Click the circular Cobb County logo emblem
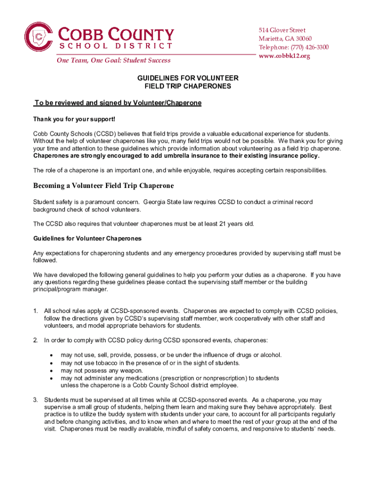click(40, 37)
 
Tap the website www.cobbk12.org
click(284, 56)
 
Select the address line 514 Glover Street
click(282, 30)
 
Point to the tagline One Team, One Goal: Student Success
click(113, 61)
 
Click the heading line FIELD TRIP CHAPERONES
click(188, 86)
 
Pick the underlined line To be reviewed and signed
click(117, 103)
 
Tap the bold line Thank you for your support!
click(74, 120)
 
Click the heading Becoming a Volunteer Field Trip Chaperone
click(104, 186)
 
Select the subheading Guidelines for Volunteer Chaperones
click(87, 238)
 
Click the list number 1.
click(35, 311)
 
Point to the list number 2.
click(35, 340)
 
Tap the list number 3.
click(35, 400)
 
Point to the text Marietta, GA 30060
click(285, 39)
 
